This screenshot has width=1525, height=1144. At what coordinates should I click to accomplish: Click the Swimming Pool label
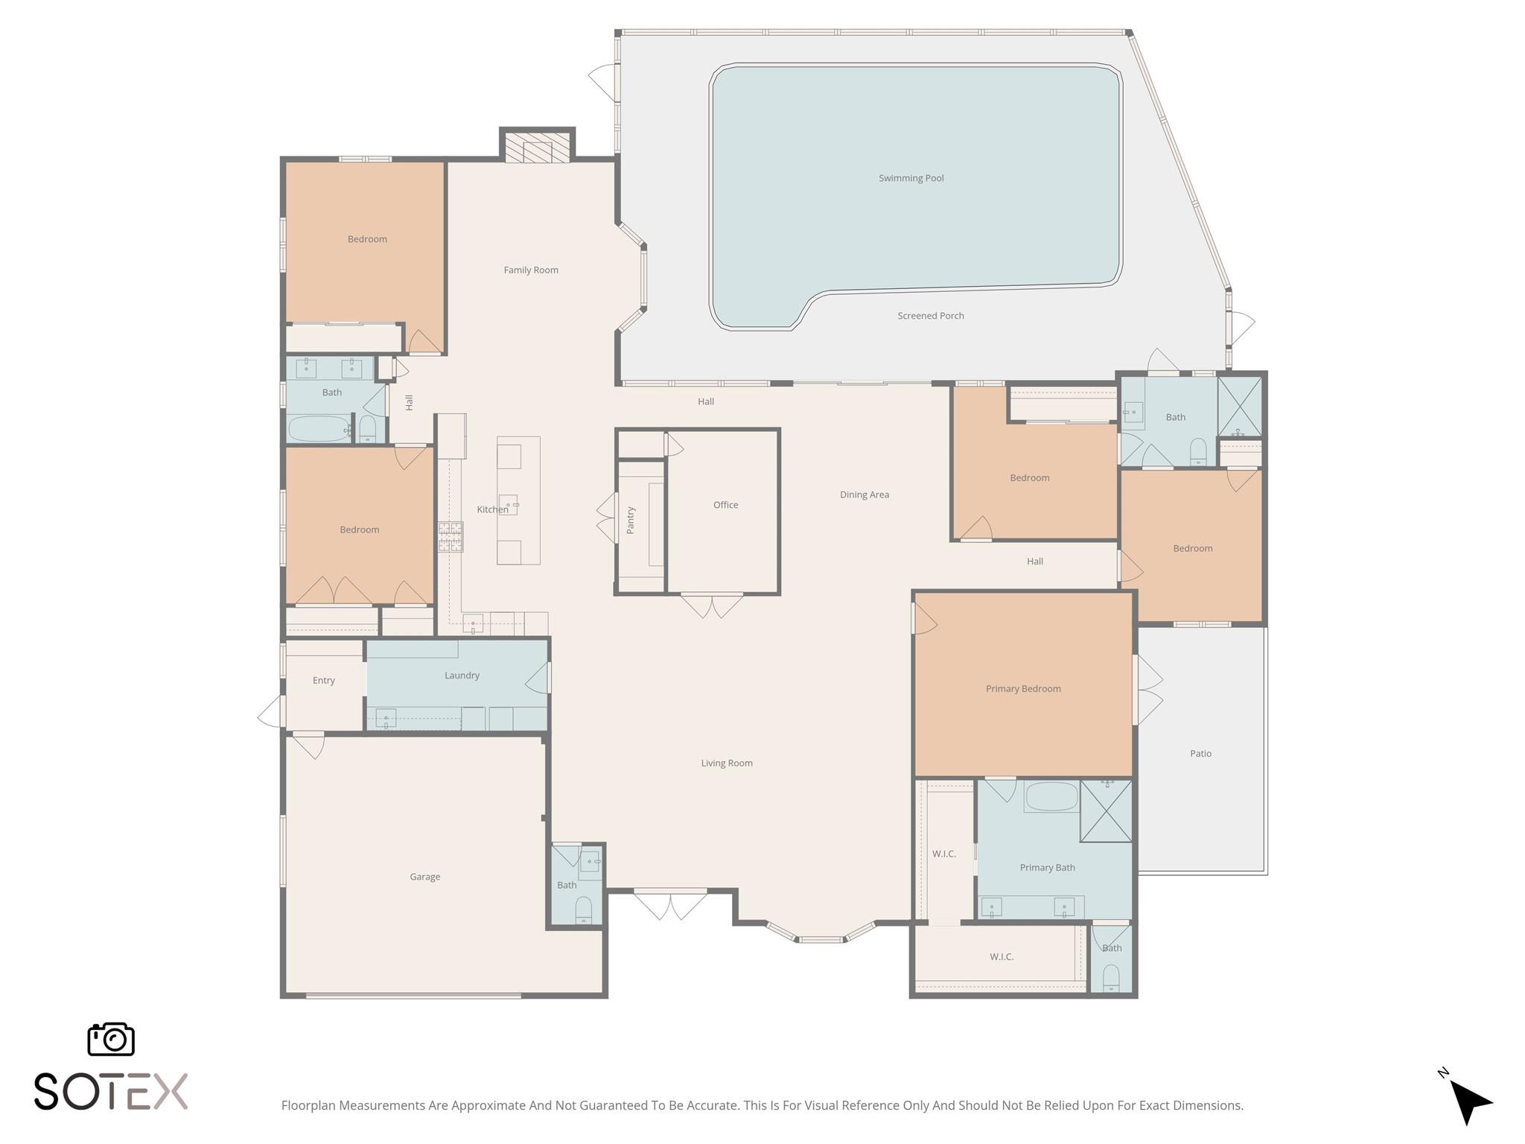[911, 178]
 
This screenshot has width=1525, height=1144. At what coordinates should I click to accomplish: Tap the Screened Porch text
[930, 316]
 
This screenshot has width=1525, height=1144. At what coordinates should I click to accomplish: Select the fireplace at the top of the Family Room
[537, 147]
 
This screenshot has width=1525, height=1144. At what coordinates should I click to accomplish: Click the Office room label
[725, 505]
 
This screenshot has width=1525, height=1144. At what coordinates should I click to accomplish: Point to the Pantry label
[631, 520]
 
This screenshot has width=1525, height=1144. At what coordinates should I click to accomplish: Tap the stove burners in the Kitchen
[450, 537]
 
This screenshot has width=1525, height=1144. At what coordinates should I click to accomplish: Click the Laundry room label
[462, 676]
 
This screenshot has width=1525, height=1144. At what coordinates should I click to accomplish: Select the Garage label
[424, 877]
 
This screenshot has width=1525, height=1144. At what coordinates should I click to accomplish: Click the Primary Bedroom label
[1022, 689]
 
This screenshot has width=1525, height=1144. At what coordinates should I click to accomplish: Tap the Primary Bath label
[1047, 868]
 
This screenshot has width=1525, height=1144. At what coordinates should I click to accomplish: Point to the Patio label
[1200, 754]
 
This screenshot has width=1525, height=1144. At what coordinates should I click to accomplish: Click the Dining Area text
[864, 495]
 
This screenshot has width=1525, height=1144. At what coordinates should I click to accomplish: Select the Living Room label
[726, 763]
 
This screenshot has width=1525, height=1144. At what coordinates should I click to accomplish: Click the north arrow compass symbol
[1468, 1101]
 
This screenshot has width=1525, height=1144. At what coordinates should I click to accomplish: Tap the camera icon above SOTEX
[111, 1039]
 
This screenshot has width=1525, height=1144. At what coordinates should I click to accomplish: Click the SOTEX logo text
[111, 1092]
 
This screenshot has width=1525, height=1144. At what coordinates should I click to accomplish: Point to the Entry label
[323, 681]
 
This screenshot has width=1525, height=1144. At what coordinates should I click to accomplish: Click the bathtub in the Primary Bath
[1051, 797]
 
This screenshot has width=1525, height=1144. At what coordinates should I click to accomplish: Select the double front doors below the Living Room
[670, 904]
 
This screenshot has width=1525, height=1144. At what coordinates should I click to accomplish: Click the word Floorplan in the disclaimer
[308, 1105]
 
